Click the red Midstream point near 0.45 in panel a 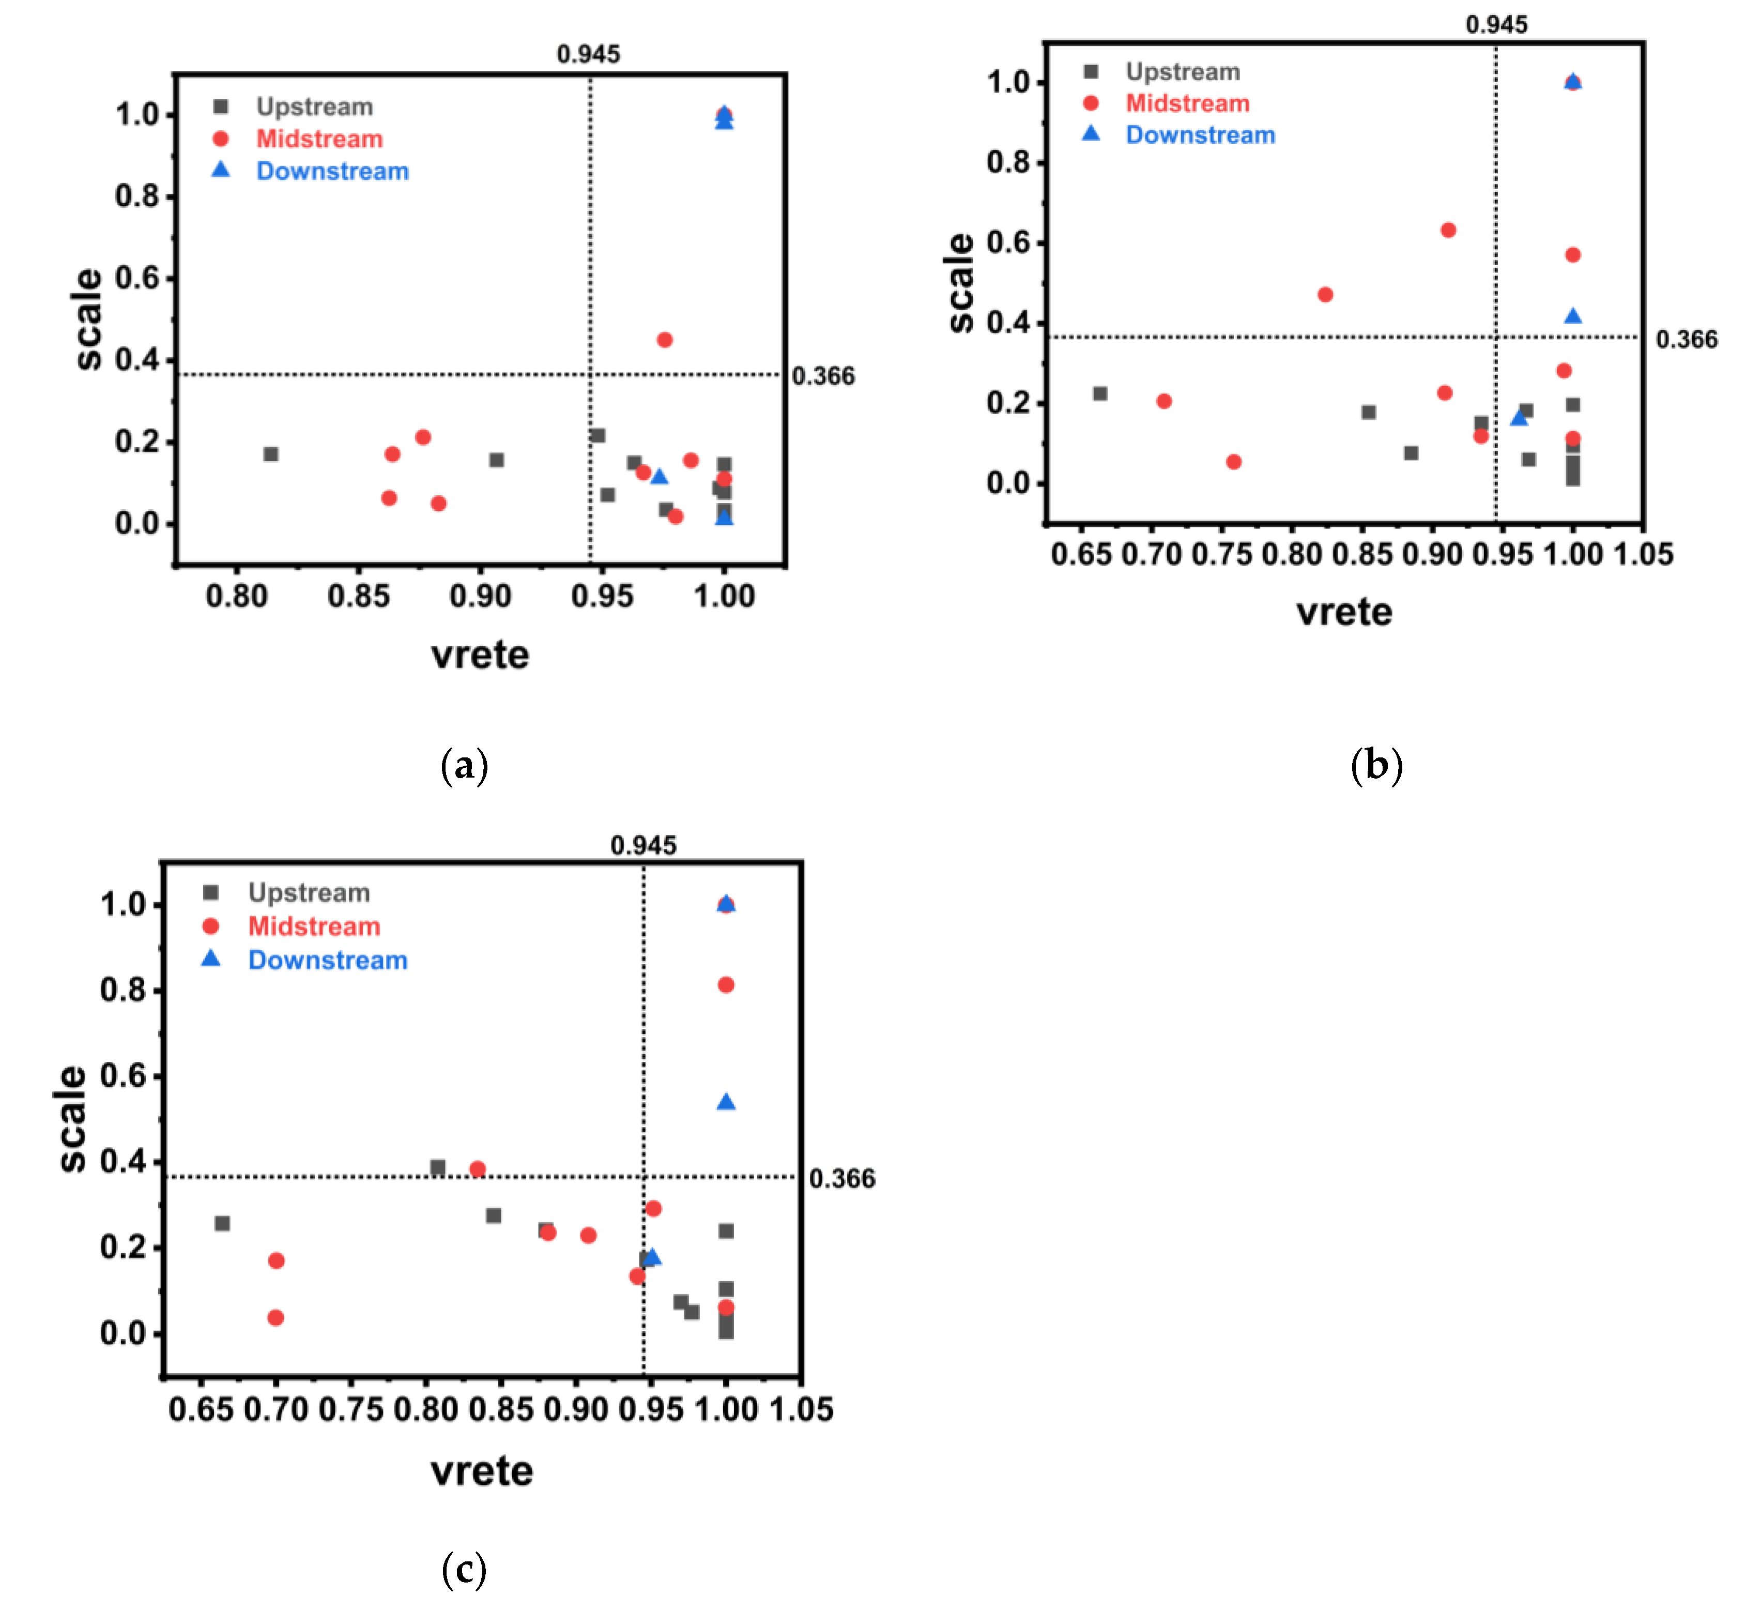tap(664, 340)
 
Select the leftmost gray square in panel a tap(271, 454)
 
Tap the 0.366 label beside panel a tap(823, 376)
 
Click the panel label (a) tap(465, 765)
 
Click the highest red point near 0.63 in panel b tap(1448, 230)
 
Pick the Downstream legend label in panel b tap(1200, 135)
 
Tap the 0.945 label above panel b tap(1496, 24)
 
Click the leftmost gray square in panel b tap(1100, 394)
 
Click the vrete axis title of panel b tap(1344, 612)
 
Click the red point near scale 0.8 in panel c tap(726, 985)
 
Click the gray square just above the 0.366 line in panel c tap(438, 1167)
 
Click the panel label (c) tap(465, 1570)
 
